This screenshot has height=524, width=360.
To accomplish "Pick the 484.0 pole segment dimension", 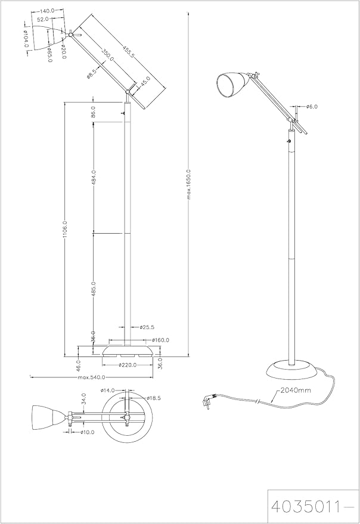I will coord(94,178).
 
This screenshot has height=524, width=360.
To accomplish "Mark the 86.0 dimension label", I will coord(94,111).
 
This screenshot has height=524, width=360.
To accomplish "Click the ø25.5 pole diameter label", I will coord(147,327).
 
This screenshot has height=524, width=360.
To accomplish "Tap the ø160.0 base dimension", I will coord(161,340).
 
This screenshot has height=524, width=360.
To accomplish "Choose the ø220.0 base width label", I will coord(128,365).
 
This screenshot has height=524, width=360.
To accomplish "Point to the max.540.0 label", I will coord(91,377).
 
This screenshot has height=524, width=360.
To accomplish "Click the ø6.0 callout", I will coord(312,107).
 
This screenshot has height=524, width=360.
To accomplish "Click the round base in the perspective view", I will coord(291,371).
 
